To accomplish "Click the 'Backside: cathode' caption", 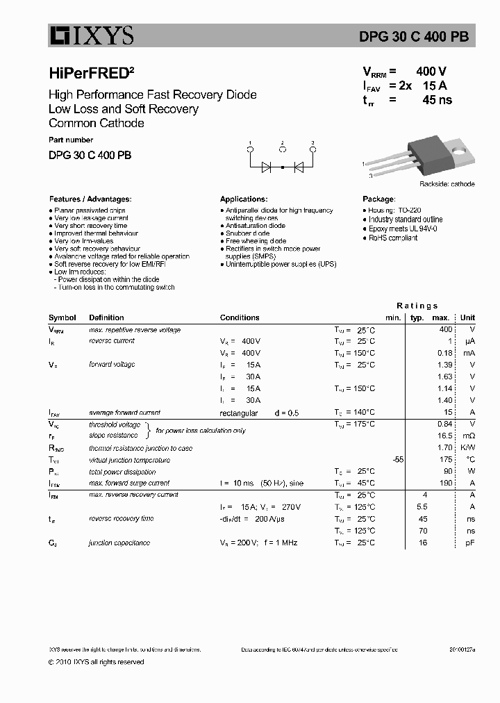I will click(x=447, y=184).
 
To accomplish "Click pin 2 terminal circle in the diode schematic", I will click(x=282, y=149).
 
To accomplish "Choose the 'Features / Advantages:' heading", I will click(x=90, y=199).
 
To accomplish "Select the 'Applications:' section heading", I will click(x=244, y=199).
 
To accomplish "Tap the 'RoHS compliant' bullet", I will click(x=392, y=238).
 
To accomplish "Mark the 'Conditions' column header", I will click(x=240, y=317).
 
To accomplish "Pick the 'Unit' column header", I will click(x=467, y=317).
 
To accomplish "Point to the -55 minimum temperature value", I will click(x=397, y=460).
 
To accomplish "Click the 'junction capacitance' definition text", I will click(x=119, y=543).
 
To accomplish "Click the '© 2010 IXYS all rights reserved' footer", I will click(x=97, y=662).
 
